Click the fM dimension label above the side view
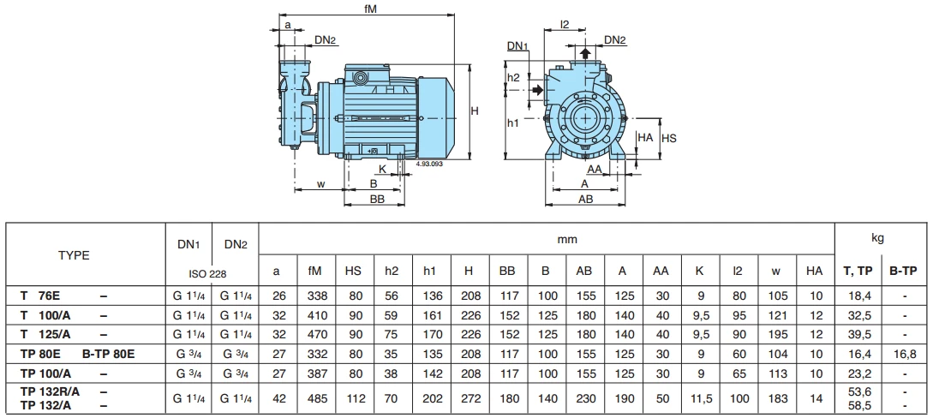click(370, 9)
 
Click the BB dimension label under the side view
click(376, 198)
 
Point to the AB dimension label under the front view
click(586, 198)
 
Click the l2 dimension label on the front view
click(565, 26)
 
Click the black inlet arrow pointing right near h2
click(537, 90)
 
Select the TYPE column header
click(74, 255)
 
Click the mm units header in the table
click(568, 241)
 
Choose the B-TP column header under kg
click(903, 271)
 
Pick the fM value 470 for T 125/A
click(314, 334)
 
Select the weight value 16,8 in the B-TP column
click(903, 353)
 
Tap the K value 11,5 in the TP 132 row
click(700, 398)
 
